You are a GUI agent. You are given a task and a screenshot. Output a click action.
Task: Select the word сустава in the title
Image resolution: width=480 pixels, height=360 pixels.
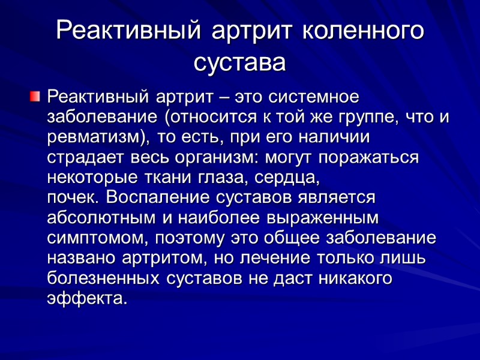pyautogui.click(x=240, y=62)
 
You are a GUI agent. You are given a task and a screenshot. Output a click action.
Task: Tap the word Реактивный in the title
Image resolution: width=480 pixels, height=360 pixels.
pyautogui.click(x=129, y=31)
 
